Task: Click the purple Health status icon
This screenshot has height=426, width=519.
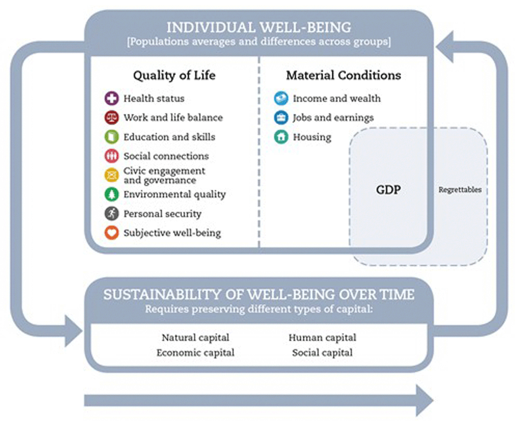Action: click(x=112, y=98)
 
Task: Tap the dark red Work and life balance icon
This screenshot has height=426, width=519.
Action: click(x=112, y=117)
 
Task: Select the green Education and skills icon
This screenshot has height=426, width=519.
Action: click(x=112, y=137)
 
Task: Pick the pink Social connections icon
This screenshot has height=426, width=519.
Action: click(x=112, y=156)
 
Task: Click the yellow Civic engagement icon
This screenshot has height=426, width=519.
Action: click(x=112, y=175)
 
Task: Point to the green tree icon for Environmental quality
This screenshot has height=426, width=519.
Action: click(x=112, y=194)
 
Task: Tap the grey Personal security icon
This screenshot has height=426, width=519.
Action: click(x=112, y=214)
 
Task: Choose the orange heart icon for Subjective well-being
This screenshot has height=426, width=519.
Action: click(x=112, y=233)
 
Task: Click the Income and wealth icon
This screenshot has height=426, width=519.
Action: click(x=281, y=98)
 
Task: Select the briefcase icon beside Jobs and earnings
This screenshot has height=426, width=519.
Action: click(x=281, y=117)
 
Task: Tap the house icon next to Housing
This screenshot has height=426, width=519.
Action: click(x=281, y=137)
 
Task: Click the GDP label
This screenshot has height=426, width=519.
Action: click(x=388, y=190)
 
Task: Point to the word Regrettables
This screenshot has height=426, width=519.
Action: click(x=460, y=190)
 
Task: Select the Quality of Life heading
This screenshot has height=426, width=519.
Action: click(x=174, y=75)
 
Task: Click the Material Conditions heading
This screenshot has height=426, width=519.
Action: click(x=344, y=75)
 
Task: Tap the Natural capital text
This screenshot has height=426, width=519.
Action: click(x=195, y=338)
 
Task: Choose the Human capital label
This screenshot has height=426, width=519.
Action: click(x=322, y=338)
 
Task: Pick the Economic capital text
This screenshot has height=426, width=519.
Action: click(x=195, y=352)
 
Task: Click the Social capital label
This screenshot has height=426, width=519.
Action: click(x=322, y=352)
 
